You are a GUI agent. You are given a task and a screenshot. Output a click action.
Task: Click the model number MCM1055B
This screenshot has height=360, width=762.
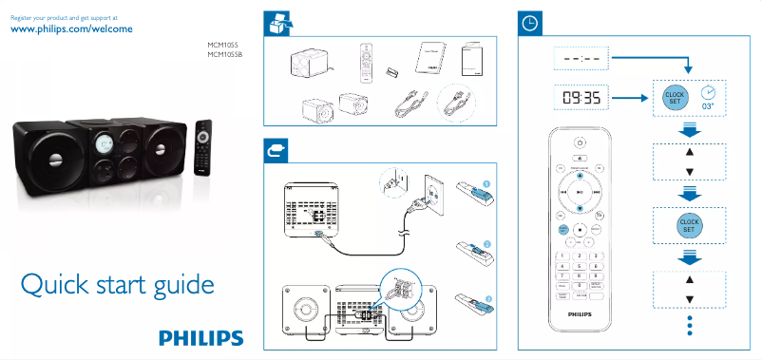225,55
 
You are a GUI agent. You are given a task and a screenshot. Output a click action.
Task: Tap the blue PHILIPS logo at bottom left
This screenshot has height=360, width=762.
201,338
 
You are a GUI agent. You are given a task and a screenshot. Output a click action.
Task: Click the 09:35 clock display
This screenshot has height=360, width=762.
580,98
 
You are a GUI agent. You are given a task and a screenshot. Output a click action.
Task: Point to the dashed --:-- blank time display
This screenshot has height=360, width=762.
580,58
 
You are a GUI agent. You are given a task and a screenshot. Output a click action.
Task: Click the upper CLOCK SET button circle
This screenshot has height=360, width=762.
675,98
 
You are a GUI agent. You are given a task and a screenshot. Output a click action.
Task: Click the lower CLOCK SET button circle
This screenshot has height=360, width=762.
689,225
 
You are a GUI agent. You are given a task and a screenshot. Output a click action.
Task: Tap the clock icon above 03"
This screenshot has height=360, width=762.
708,92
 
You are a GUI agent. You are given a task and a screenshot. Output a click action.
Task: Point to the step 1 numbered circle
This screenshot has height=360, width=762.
486,182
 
